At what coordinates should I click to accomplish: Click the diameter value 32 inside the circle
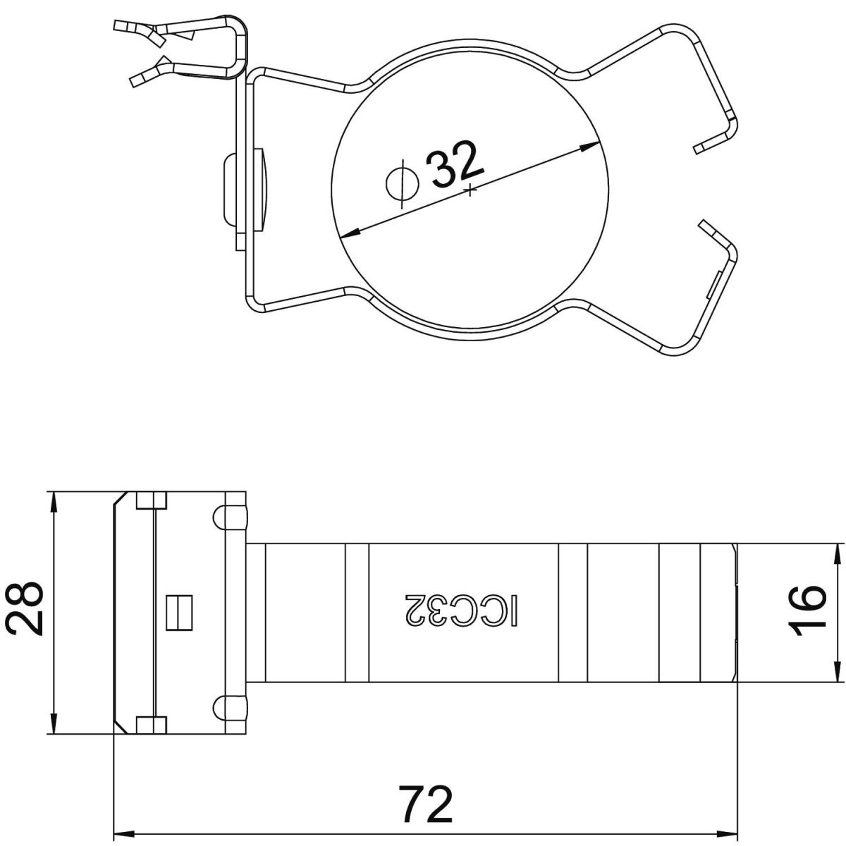[x=457, y=164]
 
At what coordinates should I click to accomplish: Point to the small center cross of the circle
[x=470, y=190]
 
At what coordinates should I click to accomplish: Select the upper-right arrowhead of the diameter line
[x=591, y=146]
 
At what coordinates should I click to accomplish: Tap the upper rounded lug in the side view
[x=230, y=518]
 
